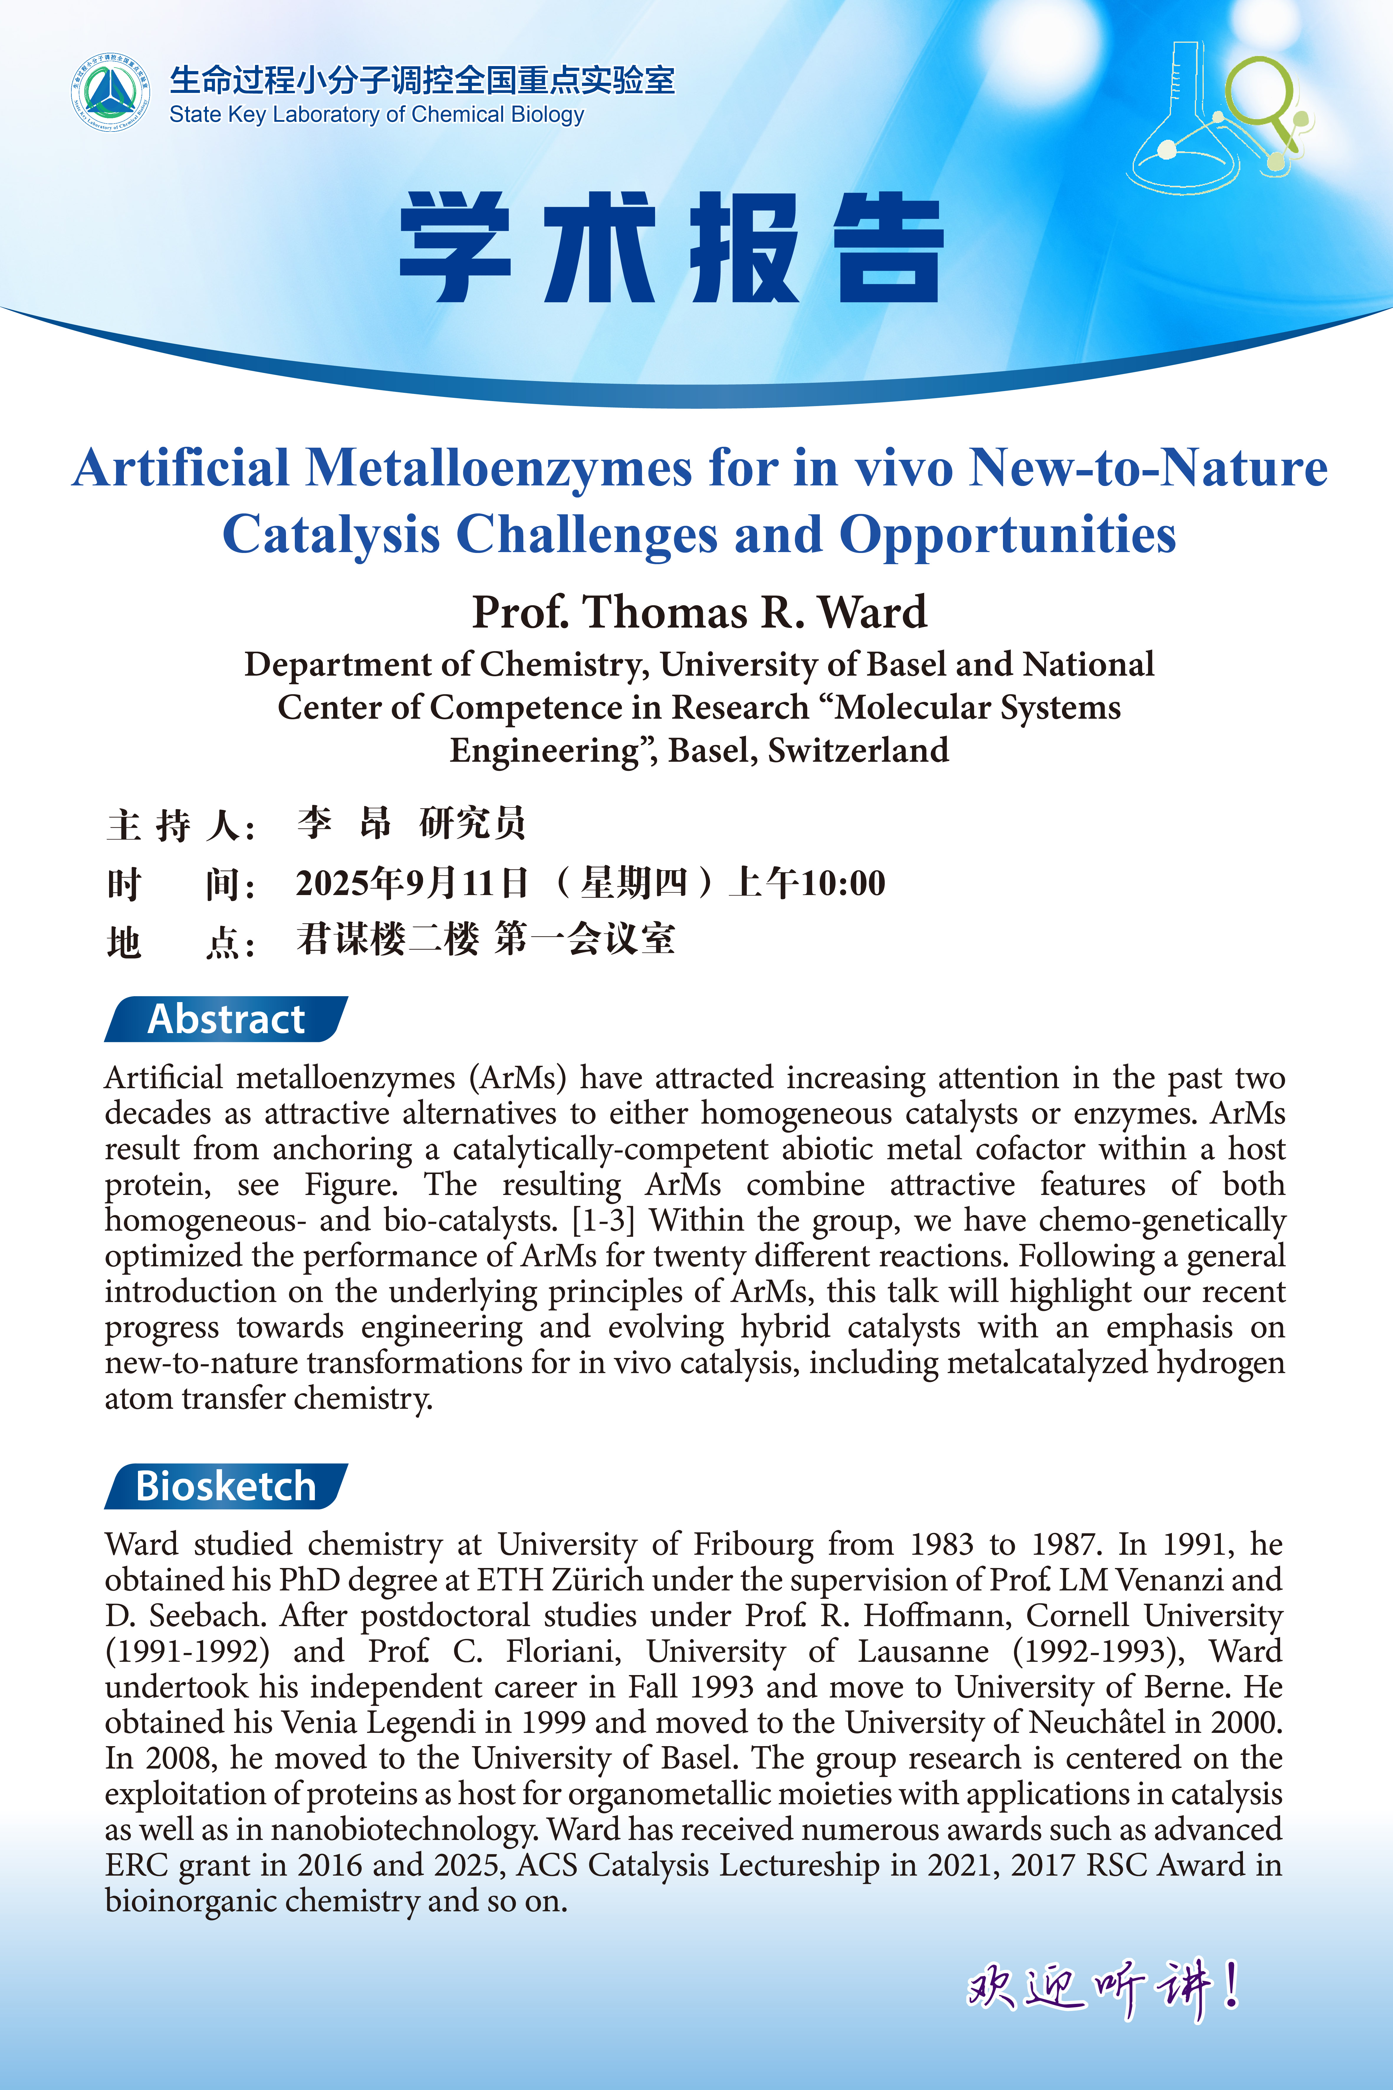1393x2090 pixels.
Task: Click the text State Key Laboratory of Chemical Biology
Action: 377,115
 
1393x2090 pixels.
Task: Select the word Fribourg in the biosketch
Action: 753,1544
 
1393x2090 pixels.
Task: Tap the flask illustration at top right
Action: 1190,124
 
